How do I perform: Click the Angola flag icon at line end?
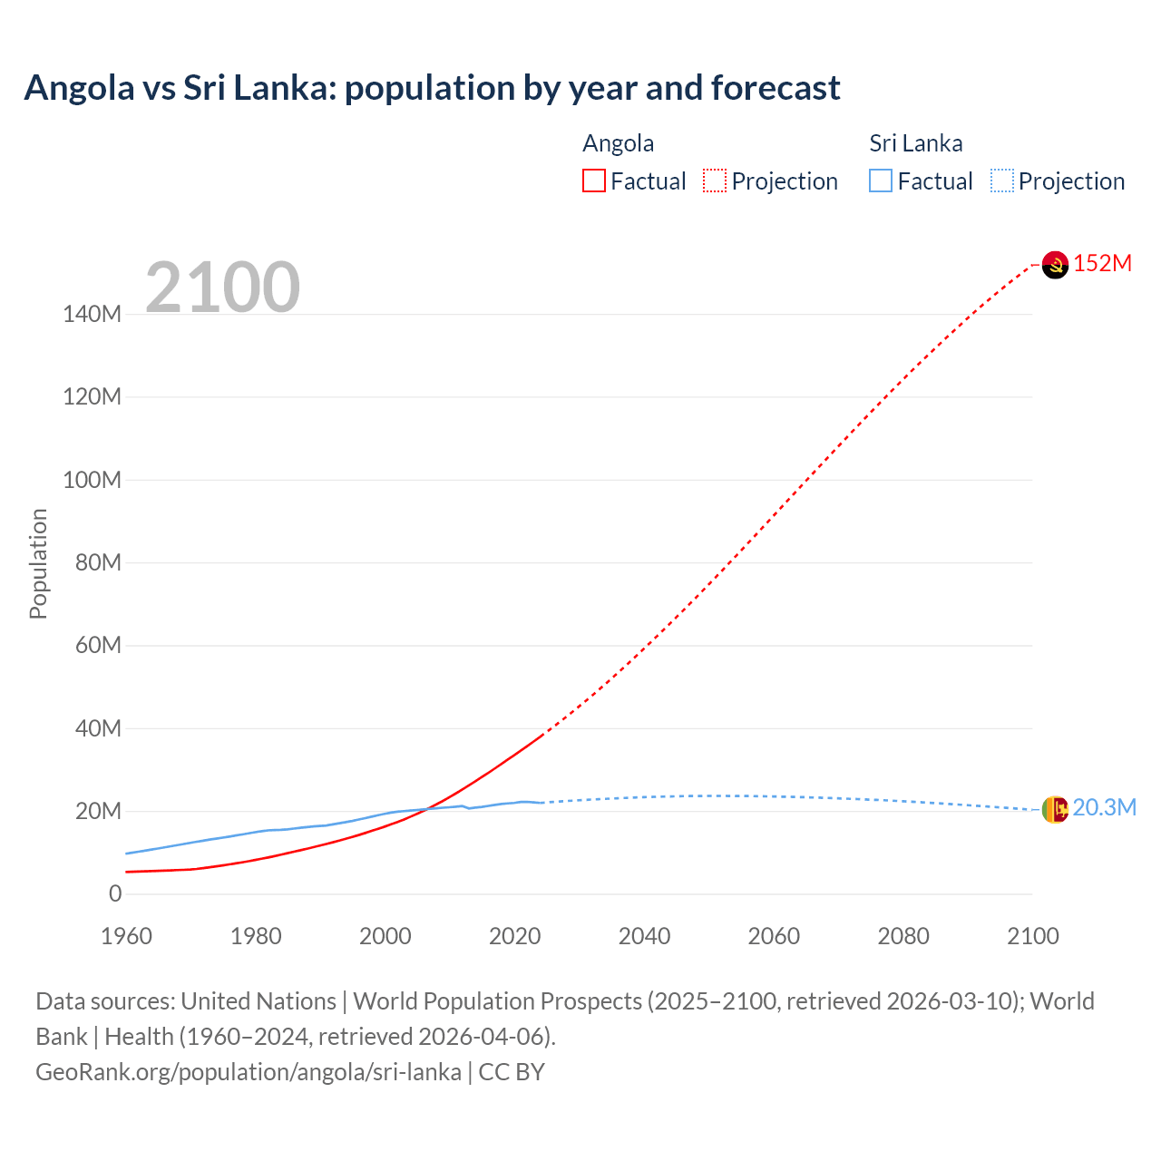(x=1055, y=264)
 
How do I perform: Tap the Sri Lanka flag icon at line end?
(x=1055, y=808)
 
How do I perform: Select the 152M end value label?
(x=1102, y=263)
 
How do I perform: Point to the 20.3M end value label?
(x=1104, y=807)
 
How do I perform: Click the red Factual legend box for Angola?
(x=594, y=181)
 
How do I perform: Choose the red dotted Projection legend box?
(x=715, y=181)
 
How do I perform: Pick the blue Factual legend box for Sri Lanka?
(x=881, y=181)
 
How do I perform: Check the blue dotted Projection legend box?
(x=1002, y=181)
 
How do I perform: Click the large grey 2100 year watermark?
(x=222, y=288)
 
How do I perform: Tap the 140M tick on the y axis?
(x=92, y=315)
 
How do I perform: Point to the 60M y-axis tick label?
(x=98, y=646)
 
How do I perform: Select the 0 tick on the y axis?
(x=115, y=894)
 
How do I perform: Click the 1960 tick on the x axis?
(x=126, y=936)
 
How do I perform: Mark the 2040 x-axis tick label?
(x=644, y=936)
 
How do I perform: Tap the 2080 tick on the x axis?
(x=903, y=936)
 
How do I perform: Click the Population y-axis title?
(x=38, y=563)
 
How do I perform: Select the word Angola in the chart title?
(x=79, y=88)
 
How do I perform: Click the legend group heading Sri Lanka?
(x=915, y=143)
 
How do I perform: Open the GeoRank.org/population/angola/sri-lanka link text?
(x=249, y=1072)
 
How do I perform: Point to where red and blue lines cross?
(x=426, y=809)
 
